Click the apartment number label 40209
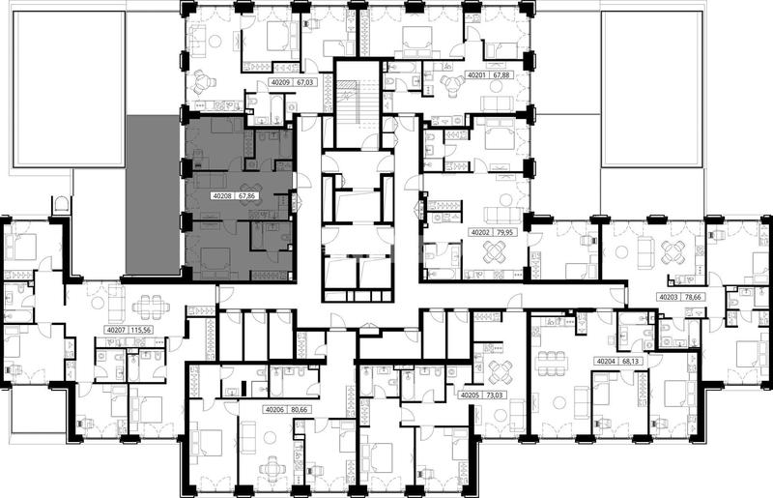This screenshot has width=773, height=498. (280, 82)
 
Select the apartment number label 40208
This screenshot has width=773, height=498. (222, 196)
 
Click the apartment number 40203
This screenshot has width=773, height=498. (669, 297)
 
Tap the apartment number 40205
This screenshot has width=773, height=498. (469, 395)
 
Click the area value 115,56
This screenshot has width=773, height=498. (140, 330)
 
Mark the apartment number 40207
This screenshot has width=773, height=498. (115, 330)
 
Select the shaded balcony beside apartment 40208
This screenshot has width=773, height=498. (153, 194)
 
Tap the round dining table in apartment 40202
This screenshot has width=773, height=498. (495, 252)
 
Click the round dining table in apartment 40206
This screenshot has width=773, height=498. (272, 467)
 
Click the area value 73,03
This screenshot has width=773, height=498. (494, 395)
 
